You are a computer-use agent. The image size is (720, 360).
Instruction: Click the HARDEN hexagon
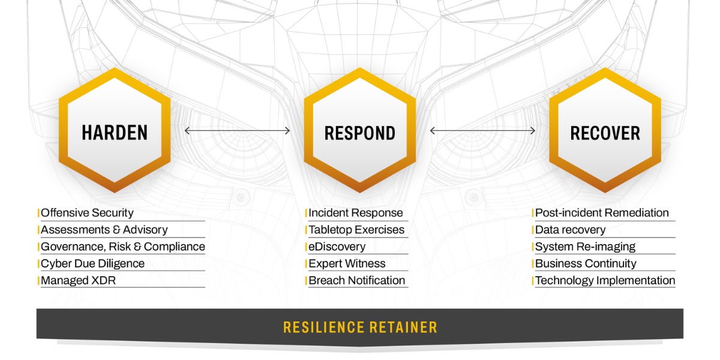point(115,131)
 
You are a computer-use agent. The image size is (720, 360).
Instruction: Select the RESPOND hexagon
point(360,131)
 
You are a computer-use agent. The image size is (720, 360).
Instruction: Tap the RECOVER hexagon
point(605,131)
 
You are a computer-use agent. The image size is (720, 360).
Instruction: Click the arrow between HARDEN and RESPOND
point(238,131)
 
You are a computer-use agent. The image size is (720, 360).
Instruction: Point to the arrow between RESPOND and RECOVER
point(483,131)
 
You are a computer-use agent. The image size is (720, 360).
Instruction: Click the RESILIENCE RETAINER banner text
point(360,328)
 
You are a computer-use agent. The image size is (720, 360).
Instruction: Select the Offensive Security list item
point(87,213)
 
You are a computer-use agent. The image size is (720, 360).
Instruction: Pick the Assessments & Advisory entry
point(104,230)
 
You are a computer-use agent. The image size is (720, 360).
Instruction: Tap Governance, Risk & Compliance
point(122,247)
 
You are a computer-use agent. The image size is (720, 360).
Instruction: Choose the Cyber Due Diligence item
point(92,263)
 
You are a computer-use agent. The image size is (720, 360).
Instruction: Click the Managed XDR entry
point(78,280)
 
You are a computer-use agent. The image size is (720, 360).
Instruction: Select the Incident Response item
point(355,213)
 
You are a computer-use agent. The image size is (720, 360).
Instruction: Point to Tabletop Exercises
point(356,230)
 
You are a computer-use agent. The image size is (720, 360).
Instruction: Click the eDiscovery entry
point(337,247)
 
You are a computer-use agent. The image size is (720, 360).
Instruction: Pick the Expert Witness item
point(347,263)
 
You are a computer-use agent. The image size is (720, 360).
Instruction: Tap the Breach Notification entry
point(356,280)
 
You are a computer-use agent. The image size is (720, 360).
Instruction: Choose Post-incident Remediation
point(602,213)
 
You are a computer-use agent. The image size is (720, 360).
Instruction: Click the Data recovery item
point(570,230)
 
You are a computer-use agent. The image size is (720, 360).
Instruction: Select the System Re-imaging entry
point(585,247)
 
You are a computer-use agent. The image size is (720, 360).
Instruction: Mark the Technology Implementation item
point(605,280)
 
